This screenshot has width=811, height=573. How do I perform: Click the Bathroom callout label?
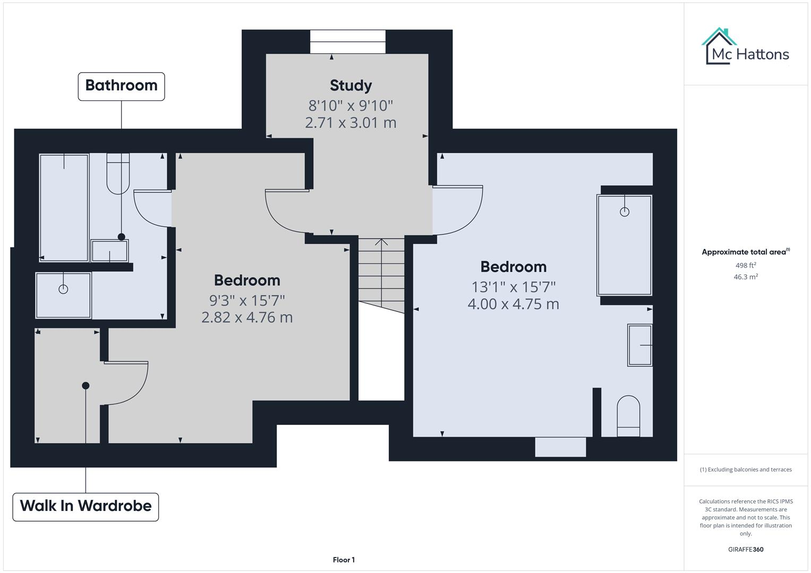click(x=121, y=86)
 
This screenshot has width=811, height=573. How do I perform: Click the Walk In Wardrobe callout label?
click(x=86, y=506)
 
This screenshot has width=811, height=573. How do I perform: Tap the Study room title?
click(x=351, y=85)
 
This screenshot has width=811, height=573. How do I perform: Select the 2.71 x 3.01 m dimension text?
click(x=351, y=123)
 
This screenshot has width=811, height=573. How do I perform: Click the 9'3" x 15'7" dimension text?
click(x=247, y=300)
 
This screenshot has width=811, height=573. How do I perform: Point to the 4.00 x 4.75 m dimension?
click(x=513, y=304)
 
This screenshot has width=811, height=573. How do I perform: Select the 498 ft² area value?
click(x=746, y=265)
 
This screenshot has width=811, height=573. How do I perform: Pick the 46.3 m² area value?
click(x=746, y=276)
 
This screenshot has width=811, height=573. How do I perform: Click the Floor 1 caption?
click(x=344, y=560)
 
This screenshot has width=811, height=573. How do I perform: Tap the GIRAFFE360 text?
click(x=746, y=549)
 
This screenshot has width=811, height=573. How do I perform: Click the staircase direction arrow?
click(x=381, y=244)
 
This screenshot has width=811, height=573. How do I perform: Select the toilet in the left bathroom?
click(x=118, y=173)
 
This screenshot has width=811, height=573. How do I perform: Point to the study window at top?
click(x=347, y=41)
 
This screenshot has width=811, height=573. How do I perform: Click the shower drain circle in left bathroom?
click(x=63, y=289)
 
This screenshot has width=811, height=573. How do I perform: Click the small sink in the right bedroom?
click(x=640, y=345)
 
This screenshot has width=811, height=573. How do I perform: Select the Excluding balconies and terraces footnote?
click(x=746, y=470)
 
